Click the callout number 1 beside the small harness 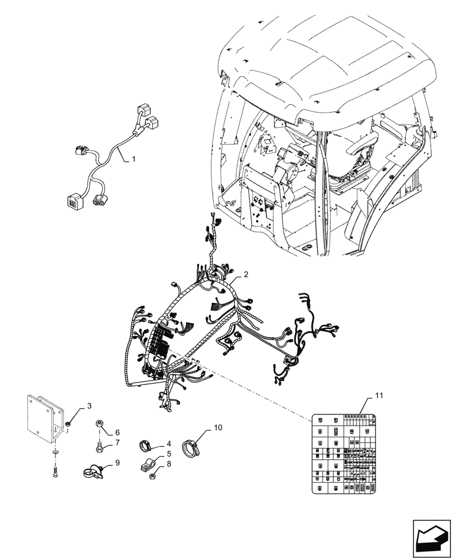pyautogui.click(x=133, y=160)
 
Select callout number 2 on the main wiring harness pyautogui.click(x=245, y=276)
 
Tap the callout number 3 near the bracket pyautogui.click(x=89, y=405)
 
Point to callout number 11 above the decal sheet pyautogui.click(x=379, y=396)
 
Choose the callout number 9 pyautogui.click(x=118, y=463)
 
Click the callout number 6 pyautogui.click(x=118, y=432)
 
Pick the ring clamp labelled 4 pyautogui.click(x=147, y=446)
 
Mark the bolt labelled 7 pyautogui.click(x=99, y=447)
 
